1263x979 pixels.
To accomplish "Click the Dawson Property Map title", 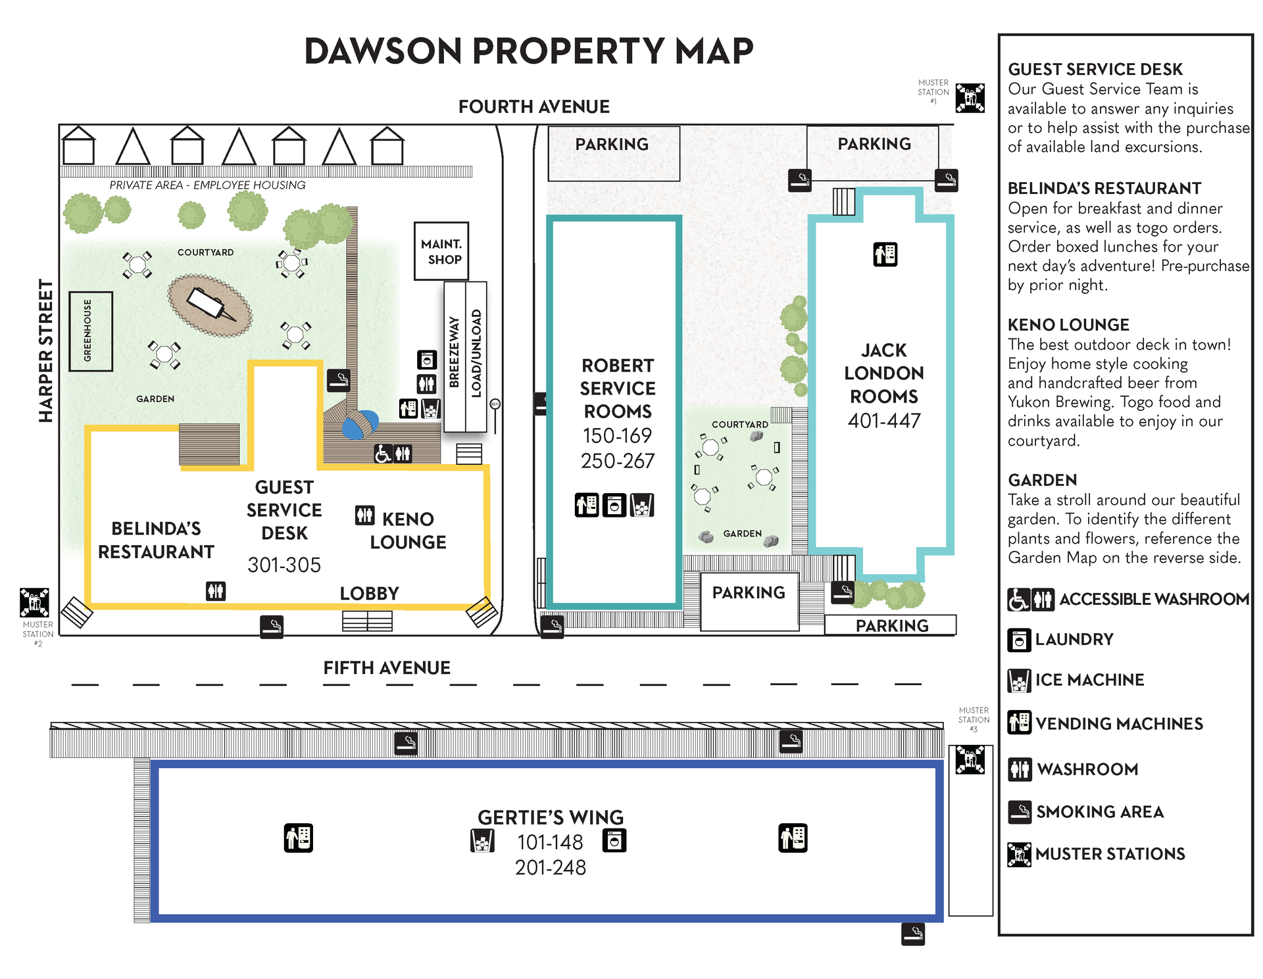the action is tap(529, 51).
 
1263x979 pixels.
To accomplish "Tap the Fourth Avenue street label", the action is tap(533, 107).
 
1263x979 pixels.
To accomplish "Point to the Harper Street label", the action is tap(45, 350).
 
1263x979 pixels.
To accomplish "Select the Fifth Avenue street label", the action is tap(387, 668).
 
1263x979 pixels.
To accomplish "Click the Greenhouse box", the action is tap(91, 331).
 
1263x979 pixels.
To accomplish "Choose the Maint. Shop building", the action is tap(441, 251).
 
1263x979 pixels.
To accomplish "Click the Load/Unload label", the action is tap(476, 353).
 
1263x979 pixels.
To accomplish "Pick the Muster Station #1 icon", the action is tap(970, 98).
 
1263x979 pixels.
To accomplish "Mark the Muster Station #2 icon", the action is tap(34, 603).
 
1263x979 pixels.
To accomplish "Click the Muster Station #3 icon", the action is tap(970, 760).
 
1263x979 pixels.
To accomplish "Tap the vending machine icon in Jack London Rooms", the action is tap(885, 254).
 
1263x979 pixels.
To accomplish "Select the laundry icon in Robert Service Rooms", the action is tap(614, 506).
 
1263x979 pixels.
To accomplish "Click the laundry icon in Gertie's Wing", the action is tap(614, 840).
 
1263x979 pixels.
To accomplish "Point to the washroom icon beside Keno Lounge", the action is tap(364, 515).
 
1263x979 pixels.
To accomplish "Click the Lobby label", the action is tap(369, 593).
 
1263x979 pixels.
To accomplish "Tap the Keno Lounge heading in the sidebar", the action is tap(1068, 325).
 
